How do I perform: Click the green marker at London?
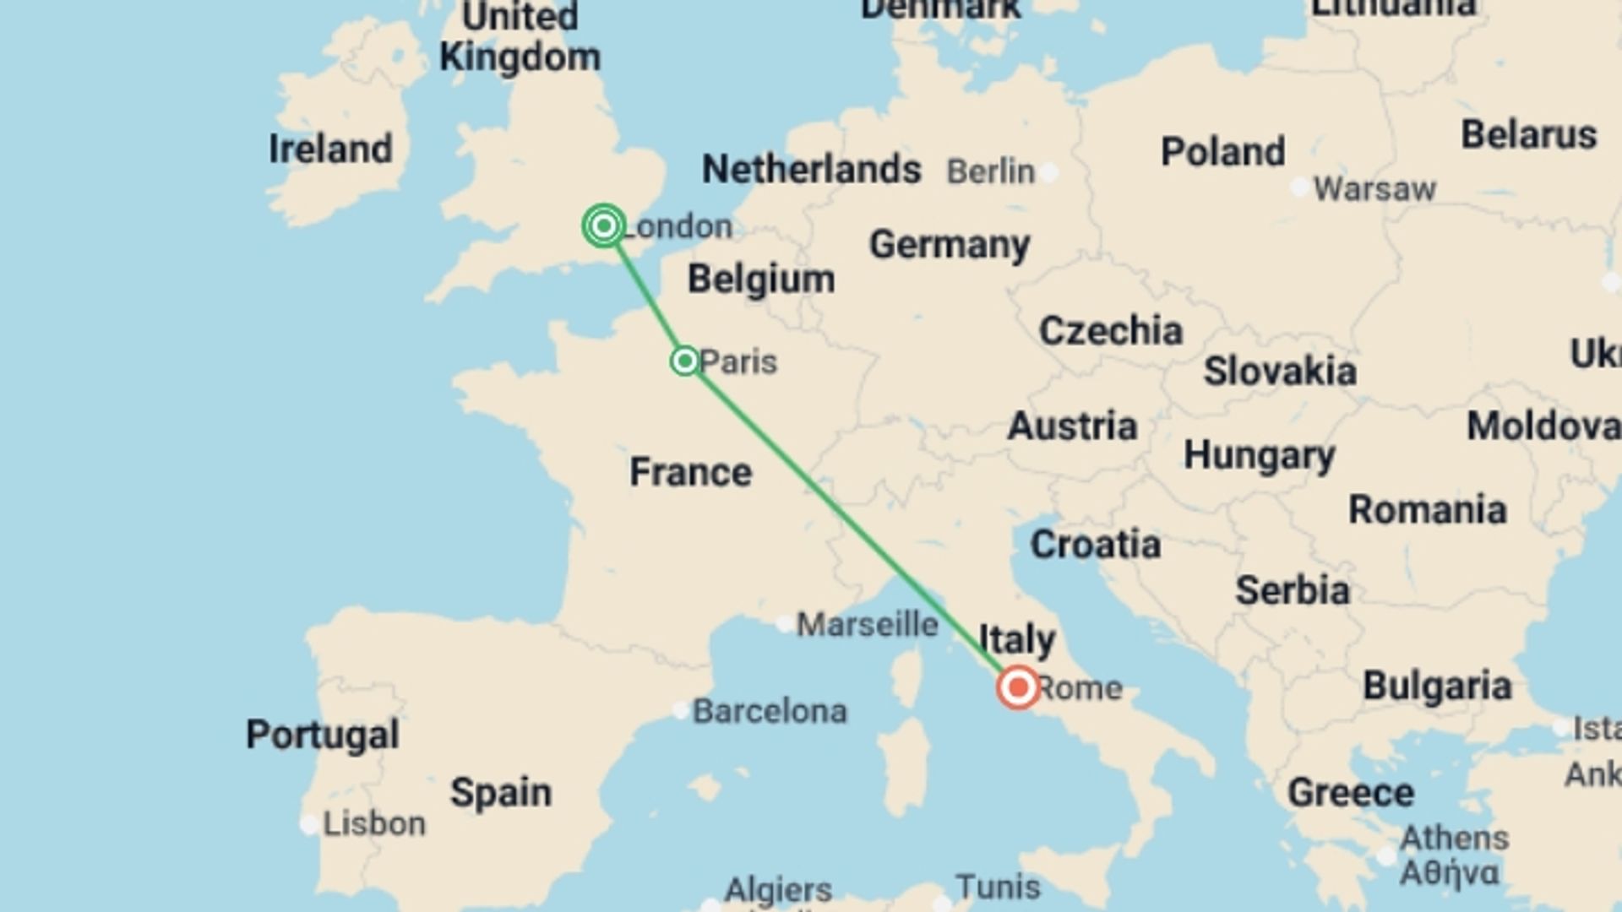[604, 225]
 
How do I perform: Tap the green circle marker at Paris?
[684, 361]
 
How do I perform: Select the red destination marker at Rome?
[1018, 687]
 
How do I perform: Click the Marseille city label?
[868, 625]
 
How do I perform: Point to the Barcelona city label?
[770, 712]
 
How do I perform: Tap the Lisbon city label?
[374, 823]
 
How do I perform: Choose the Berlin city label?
[990, 171]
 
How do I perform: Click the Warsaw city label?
[1374, 189]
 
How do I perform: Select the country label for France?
[690, 472]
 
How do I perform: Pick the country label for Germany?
[950, 245]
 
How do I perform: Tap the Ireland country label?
[330, 149]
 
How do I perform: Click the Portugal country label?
[322, 735]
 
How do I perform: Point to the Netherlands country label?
[811, 170]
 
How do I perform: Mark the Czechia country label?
[1110, 331]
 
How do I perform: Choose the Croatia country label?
[1095, 545]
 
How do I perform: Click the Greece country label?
[1350, 793]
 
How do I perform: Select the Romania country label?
[1427, 510]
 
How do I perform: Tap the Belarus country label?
[1528, 135]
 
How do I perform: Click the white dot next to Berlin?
[1049, 173]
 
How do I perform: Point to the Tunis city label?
[998, 887]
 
